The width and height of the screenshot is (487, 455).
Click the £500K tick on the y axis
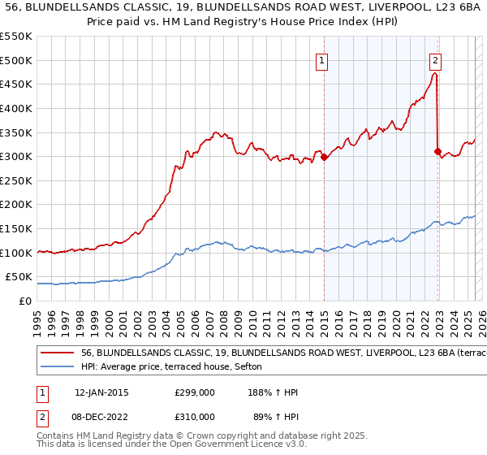coord(17,60)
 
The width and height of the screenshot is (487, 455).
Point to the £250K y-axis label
coord(17,205)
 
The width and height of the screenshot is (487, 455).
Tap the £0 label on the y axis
coord(25,301)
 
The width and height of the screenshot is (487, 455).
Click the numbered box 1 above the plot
coord(322,60)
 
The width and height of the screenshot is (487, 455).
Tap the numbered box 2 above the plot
coord(436,60)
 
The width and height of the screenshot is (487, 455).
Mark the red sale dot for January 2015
coord(324,157)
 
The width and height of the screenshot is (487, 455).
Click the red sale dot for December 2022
coord(437,151)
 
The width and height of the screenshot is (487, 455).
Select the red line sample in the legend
coord(58,354)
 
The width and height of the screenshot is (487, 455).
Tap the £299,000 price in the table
coord(194,392)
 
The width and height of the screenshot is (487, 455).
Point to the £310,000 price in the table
coord(194,415)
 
